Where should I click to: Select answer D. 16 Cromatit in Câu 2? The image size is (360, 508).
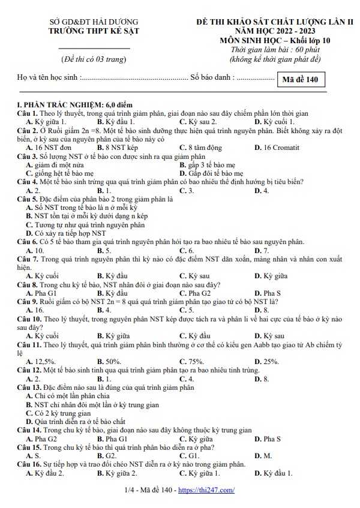[277, 148]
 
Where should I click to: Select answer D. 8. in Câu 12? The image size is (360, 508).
[262, 379]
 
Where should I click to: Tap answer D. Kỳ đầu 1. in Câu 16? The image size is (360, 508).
[274, 473]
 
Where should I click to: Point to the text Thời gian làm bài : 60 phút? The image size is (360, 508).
[275, 50]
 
